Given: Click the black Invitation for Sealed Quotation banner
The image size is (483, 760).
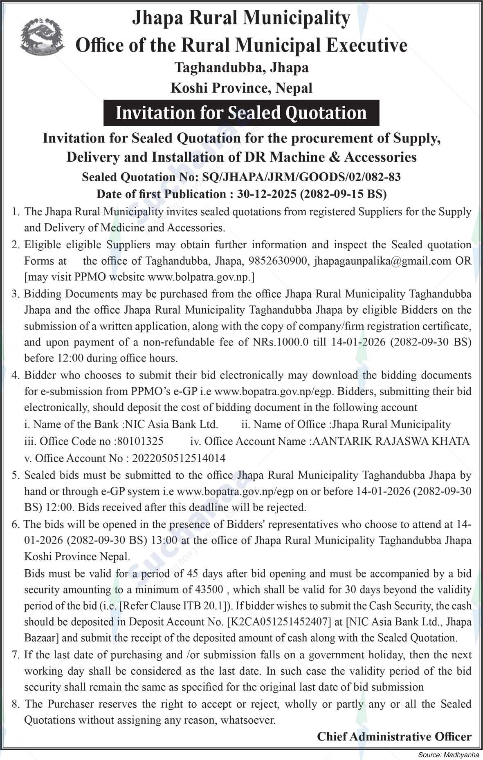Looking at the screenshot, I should [x=241, y=113].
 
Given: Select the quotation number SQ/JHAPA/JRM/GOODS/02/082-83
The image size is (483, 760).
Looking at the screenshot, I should [x=299, y=177].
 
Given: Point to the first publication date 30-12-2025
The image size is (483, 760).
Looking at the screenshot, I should [x=266, y=194].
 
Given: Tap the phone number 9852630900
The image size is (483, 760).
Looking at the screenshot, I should [x=278, y=261].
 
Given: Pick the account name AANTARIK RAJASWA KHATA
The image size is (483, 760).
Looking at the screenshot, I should [x=391, y=441].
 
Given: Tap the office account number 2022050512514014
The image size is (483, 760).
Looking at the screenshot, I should [x=179, y=458].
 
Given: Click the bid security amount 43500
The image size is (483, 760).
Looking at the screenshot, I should [x=209, y=590].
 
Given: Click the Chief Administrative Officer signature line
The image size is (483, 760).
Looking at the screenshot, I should [x=394, y=737].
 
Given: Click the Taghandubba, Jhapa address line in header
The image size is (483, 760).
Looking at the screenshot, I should [x=241, y=67].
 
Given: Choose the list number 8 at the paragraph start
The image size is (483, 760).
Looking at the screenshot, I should [x=16, y=704].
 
